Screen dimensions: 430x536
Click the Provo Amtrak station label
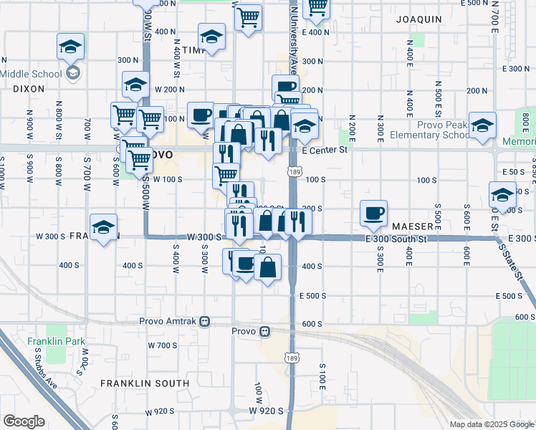171,320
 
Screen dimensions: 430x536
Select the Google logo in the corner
24,421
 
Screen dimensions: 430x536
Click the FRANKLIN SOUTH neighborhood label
145,383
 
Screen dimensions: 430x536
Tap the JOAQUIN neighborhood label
419,19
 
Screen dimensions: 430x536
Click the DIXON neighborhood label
29,88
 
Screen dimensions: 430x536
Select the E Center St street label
324,150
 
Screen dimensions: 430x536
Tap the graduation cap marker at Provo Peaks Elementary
483,125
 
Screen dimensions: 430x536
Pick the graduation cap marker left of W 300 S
104,228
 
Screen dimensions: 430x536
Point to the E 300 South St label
396,238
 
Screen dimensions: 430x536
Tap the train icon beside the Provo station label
265,332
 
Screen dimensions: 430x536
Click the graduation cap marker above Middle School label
70,47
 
